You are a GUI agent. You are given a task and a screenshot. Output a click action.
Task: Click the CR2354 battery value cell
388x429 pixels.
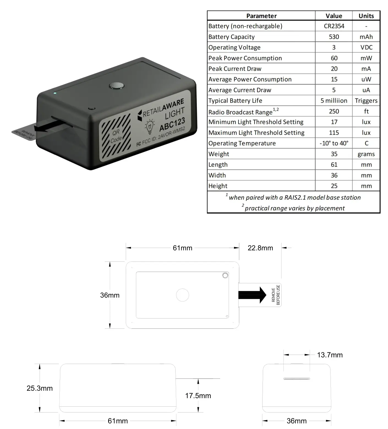coord(334,26)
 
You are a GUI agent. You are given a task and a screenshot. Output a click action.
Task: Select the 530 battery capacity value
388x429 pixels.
coord(334,37)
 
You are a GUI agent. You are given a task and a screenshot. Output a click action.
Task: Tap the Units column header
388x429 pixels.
coord(366,16)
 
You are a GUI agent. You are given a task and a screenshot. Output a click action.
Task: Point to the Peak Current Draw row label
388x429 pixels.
coord(235,69)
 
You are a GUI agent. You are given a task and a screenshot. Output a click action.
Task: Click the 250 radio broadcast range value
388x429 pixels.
coord(334,111)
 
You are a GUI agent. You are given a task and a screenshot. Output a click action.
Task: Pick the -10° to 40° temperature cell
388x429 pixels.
coord(334,143)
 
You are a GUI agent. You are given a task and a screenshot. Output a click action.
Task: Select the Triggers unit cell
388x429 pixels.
coord(366,101)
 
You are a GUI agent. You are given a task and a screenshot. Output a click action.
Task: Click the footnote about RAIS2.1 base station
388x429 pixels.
coord(293,197)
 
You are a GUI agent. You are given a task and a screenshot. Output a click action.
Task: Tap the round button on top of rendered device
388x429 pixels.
coord(117,86)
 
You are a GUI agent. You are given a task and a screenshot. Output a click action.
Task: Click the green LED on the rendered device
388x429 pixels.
coord(55,93)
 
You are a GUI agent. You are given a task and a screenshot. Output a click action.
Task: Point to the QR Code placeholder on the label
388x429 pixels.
coord(116,136)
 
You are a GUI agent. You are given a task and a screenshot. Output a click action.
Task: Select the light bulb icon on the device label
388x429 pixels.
coord(150,126)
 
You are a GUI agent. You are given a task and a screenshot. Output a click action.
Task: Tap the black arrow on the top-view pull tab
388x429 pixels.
coord(252,295)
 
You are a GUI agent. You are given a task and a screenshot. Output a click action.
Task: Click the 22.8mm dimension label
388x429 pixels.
coord(260,248)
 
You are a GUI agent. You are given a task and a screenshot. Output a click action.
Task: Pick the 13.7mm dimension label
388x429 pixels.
coord(330,355)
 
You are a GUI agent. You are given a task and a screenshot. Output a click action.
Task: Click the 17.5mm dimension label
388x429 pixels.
coord(198,396)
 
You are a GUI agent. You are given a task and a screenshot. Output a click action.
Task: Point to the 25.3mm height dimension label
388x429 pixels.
coord(40,388)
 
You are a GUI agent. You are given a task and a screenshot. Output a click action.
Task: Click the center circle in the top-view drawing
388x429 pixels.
coord(182,295)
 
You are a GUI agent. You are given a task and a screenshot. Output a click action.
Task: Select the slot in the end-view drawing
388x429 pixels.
coord(297,379)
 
